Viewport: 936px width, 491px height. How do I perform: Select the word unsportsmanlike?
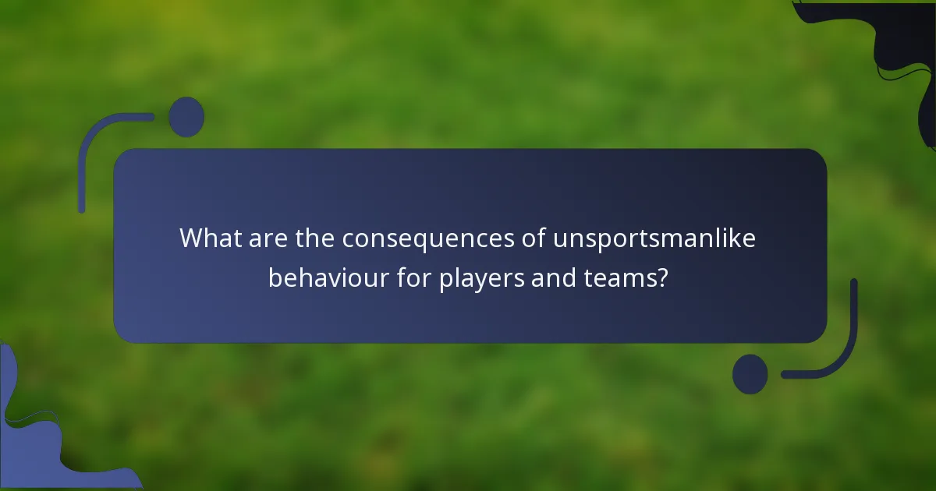pyautogui.click(x=654, y=238)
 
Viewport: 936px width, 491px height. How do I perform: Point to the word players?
pyautogui.click(x=481, y=278)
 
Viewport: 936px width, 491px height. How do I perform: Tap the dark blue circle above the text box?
pyautogui.click(x=186, y=117)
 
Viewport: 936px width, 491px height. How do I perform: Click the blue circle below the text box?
pyautogui.click(x=750, y=374)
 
